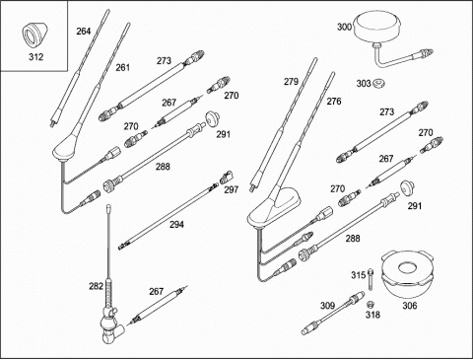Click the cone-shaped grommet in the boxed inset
click(34, 36)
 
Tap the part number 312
click(35, 57)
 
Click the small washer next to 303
click(378, 83)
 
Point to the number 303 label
click(364, 84)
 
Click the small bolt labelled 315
click(371, 279)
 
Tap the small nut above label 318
click(372, 304)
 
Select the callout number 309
click(327, 306)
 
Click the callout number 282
click(96, 286)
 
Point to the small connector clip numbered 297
click(226, 177)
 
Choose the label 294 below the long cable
click(176, 225)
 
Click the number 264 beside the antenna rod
click(84, 32)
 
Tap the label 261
click(123, 67)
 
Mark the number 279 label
click(291, 82)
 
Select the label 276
click(334, 102)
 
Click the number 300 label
click(345, 27)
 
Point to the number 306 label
click(410, 306)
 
